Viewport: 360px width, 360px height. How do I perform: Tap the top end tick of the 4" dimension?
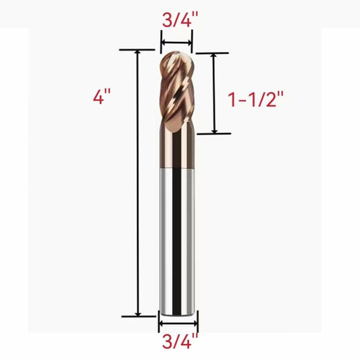click(138, 49)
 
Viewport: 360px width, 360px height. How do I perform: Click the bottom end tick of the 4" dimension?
click(138, 316)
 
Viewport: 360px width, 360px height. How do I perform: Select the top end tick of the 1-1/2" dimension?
click(214, 53)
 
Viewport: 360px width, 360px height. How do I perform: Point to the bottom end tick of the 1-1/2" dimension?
click(214, 134)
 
